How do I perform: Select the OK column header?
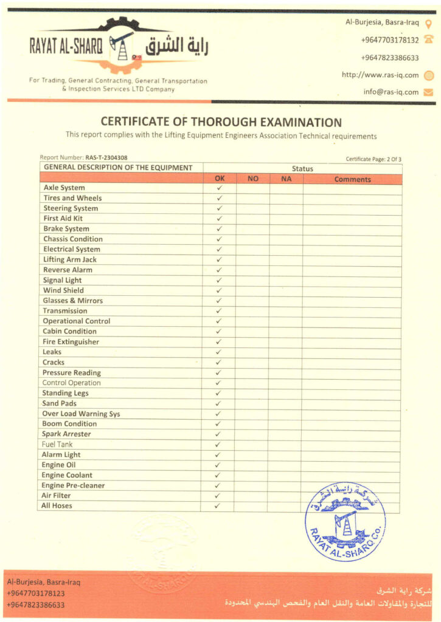pyautogui.click(x=220, y=179)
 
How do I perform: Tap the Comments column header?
pyautogui.click(x=352, y=179)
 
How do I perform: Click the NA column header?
pyautogui.click(x=286, y=179)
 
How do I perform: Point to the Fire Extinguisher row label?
pyautogui.click(x=71, y=342)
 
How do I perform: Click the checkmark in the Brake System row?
pyautogui.click(x=219, y=229)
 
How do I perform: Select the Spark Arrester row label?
pyautogui.click(x=66, y=434)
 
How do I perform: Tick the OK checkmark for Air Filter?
pyautogui.click(x=219, y=496)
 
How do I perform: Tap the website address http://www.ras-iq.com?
pyautogui.click(x=380, y=75)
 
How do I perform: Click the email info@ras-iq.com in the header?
pyautogui.click(x=391, y=92)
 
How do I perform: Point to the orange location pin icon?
pyautogui.click(x=428, y=23)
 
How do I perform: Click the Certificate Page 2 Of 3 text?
pyautogui.click(x=373, y=159)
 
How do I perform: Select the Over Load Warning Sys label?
pyautogui.click(x=81, y=414)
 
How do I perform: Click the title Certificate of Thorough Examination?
pyautogui.click(x=221, y=122)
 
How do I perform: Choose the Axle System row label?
pyautogui.click(x=64, y=188)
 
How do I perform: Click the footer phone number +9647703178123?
pyautogui.click(x=36, y=593)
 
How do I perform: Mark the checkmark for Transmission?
pyautogui.click(x=219, y=311)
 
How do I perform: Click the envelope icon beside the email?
pyautogui.click(x=428, y=92)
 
